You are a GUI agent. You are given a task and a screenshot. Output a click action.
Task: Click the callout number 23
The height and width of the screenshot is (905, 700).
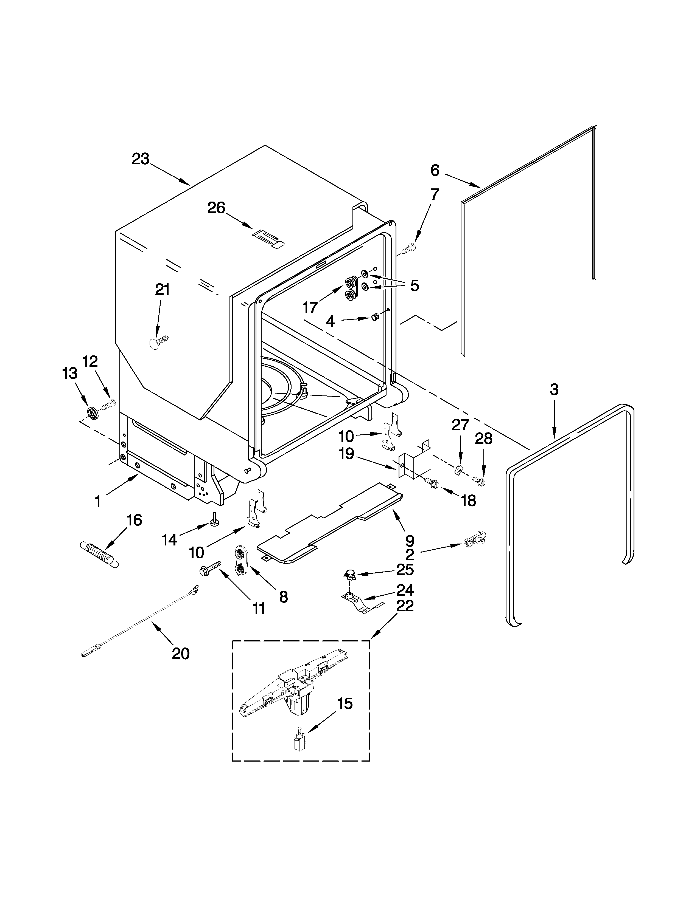pyautogui.click(x=141, y=159)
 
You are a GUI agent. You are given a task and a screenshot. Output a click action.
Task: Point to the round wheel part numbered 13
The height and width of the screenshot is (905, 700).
pyautogui.click(x=93, y=412)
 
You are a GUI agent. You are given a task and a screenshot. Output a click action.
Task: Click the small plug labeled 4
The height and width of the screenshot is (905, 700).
pyautogui.click(x=375, y=317)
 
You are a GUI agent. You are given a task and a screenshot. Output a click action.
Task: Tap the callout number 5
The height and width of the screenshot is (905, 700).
pyautogui.click(x=414, y=285)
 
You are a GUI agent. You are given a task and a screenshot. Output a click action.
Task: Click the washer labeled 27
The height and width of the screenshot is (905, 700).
pyautogui.click(x=458, y=470)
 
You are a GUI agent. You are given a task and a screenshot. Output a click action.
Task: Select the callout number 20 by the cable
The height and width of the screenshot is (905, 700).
pyautogui.click(x=180, y=654)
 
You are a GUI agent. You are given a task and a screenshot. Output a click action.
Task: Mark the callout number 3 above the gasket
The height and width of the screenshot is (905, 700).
pyautogui.click(x=554, y=389)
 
